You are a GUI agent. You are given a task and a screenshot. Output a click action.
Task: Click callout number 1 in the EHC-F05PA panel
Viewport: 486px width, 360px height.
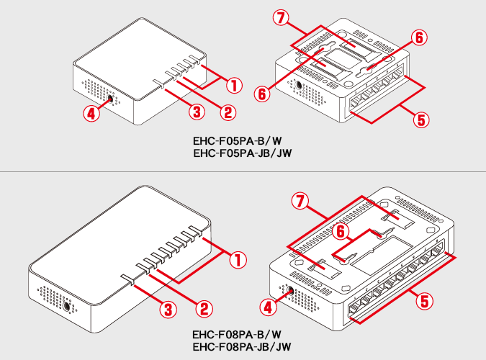[x=233, y=85]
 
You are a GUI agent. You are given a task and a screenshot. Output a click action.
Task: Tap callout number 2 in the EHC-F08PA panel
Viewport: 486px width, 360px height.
[x=204, y=309]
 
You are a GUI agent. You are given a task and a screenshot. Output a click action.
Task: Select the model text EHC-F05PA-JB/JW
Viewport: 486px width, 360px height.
[x=242, y=153]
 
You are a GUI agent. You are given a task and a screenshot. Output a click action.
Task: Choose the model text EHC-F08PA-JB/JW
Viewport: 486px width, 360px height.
[x=242, y=347]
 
